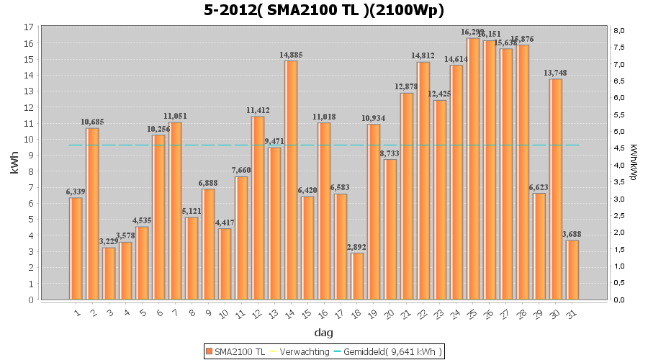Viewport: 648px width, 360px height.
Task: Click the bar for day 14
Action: (291, 180)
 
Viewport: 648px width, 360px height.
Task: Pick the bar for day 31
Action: (572, 270)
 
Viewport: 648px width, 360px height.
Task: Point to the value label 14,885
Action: (291, 55)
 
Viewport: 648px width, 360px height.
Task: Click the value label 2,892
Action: (357, 247)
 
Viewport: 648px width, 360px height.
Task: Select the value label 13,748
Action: (556, 73)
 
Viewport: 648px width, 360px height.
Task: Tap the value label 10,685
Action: (92, 122)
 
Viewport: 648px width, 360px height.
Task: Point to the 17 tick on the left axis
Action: (29, 27)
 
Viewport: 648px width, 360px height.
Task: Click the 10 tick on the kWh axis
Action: (29, 140)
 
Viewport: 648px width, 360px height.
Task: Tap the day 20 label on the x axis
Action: (389, 314)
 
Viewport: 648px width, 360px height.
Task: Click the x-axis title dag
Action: (324, 333)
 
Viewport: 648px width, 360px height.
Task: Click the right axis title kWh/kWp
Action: (633, 163)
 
